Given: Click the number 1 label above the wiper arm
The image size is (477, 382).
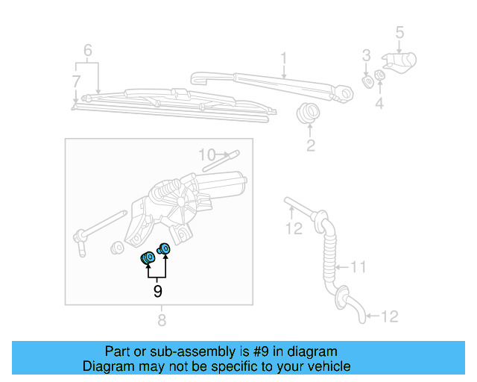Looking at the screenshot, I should coord(283,57).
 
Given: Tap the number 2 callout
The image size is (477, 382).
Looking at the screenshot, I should coord(310,145).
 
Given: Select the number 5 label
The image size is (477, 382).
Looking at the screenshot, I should coord(399,32).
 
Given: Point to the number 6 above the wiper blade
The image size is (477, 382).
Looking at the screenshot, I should coord(87,51).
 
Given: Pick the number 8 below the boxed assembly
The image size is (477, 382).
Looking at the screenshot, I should coord(162,321).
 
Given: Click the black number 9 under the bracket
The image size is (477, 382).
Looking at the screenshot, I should coord(157,291).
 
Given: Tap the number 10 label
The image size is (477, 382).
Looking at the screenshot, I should coord(206,155).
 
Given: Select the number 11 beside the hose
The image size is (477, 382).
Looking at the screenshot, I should coord(359,266).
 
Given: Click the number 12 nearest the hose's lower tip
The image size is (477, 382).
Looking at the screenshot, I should coord(390,316).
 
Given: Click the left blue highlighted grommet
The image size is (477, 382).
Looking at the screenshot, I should coord(148,259).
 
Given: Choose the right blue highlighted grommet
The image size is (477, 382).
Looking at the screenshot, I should coord(165,248).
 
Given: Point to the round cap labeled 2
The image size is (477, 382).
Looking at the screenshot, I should coord(306,114).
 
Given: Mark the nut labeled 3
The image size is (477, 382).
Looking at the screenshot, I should coord(367,79).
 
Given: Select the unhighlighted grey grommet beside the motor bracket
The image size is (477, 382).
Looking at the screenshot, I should coord(116,247).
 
